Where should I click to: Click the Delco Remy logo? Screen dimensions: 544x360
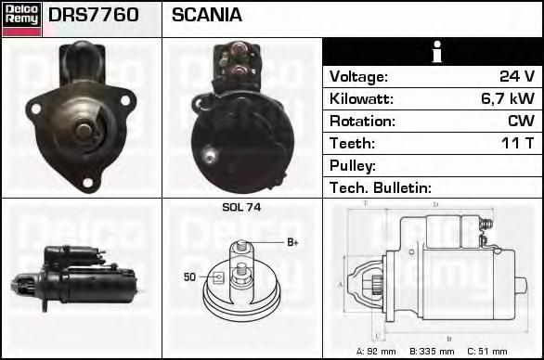pos(21,19)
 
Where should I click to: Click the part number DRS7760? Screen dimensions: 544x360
pos(94,15)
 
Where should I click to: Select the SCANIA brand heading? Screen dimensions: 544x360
pos(207,15)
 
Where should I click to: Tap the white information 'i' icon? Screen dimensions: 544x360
pos(437,52)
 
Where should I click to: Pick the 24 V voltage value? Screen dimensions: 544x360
pos(517,76)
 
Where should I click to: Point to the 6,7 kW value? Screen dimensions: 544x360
pos(508,98)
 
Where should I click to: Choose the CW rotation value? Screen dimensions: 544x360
pos(521,121)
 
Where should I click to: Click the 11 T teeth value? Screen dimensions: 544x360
pos(517,143)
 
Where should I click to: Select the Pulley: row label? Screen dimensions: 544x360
pos(353,165)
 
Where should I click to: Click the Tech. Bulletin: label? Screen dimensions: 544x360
pos(381,187)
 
